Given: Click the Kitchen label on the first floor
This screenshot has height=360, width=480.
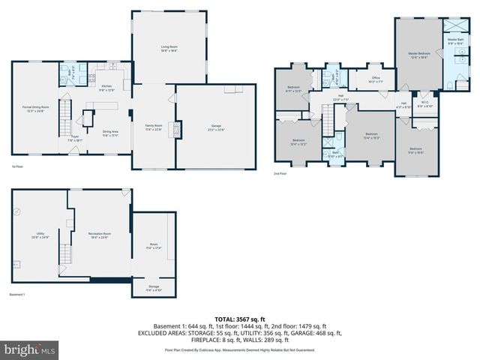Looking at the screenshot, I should (106, 87).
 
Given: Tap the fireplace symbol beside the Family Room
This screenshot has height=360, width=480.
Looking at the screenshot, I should (177, 129).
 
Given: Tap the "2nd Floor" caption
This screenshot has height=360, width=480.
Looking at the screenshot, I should (280, 173).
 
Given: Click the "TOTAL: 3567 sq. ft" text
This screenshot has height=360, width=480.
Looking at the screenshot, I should (239, 318).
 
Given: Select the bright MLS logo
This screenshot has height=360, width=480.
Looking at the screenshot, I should (29, 349).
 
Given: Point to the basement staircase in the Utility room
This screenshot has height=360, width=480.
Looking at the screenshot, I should (65, 254).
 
